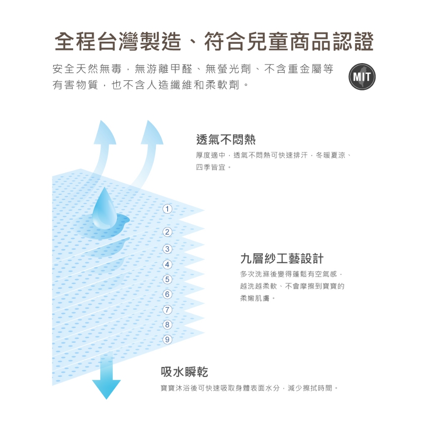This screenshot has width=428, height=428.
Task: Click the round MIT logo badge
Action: tap(362, 77)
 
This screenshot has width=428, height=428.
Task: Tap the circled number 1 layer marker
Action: tap(167, 209)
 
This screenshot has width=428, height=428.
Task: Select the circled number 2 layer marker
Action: tap(167, 232)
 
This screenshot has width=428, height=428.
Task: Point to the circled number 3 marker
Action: tap(167, 249)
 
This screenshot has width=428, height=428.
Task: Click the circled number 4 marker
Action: tap(167, 265)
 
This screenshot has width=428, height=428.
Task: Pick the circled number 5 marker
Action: tap(167, 280)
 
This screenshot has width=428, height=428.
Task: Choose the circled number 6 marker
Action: tap(167, 294)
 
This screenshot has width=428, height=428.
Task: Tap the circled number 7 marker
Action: tap(167, 310)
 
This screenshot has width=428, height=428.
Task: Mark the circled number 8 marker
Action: tap(167, 324)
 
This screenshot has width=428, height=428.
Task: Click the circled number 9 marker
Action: tap(167, 339)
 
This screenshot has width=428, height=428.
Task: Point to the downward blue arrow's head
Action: tap(106, 390)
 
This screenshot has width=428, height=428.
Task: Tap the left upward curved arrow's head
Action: tap(104, 132)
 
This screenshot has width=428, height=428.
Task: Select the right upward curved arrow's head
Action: tap(152, 132)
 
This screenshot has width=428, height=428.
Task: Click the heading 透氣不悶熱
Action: tap(226, 140)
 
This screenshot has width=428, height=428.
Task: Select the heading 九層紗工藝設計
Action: tap(282, 258)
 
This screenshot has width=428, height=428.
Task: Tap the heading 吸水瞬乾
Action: tap(184, 372)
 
